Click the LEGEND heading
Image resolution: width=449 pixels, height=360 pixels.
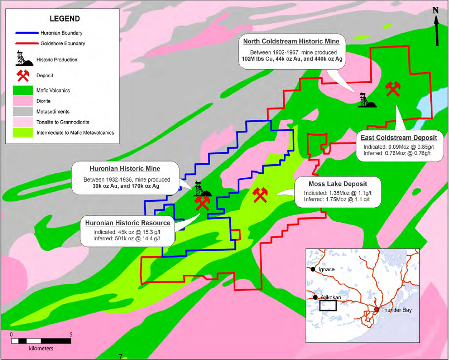click(65, 19)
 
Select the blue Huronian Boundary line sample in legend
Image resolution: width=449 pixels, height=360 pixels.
click(27, 33)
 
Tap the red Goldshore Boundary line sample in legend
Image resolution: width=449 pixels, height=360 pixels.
click(27, 43)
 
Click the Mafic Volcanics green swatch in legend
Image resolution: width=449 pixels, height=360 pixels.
click(22, 91)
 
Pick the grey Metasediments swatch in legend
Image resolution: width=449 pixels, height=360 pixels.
click(22, 112)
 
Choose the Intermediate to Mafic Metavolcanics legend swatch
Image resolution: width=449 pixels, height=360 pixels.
click(22, 133)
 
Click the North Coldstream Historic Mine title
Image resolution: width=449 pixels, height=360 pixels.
click(291, 42)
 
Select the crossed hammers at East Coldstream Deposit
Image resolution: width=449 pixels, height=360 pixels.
click(393, 89)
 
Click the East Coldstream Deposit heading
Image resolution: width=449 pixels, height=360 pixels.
click(399, 138)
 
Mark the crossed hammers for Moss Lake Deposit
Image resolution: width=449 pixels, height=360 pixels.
click(260, 195)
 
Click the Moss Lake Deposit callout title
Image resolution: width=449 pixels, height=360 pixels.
click(338, 184)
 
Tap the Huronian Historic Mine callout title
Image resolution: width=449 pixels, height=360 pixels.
click(125, 168)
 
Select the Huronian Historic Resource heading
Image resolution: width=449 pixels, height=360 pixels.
click(128, 223)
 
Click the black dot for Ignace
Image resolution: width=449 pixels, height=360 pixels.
click(313, 269)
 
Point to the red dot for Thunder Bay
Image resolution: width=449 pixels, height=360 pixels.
click(377, 309)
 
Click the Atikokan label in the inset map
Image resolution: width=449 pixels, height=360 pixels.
click(331, 297)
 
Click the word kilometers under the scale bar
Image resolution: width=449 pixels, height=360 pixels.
click(41, 348)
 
